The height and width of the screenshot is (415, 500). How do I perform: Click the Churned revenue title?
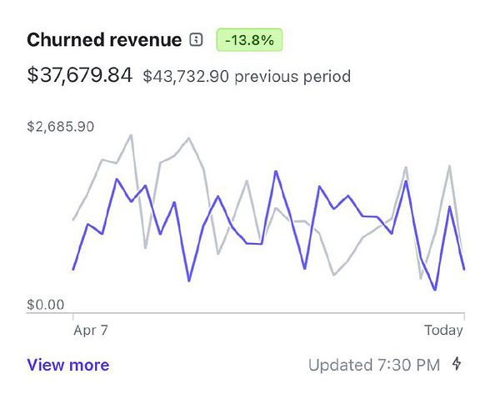[104, 39]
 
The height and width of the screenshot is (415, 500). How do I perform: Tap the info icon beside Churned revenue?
[197, 39]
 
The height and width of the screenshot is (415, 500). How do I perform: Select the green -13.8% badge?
[249, 39]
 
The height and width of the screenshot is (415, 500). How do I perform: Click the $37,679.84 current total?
[79, 75]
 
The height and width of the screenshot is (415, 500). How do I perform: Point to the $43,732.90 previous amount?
[186, 76]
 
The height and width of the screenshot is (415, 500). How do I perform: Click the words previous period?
[292, 76]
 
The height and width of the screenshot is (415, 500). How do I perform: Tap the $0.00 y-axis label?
[45, 305]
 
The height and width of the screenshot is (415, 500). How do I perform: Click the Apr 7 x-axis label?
[91, 330]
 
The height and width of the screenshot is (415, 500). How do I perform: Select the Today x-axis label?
[443, 330]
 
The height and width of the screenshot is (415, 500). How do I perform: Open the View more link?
[67, 365]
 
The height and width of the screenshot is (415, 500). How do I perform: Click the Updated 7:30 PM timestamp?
[374, 365]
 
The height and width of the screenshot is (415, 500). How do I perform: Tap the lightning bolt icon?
[457, 364]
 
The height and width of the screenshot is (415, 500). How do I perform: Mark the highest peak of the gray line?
[131, 134]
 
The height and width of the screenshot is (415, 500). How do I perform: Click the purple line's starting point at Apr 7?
[74, 269]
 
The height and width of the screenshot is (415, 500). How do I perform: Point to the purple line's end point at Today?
[464, 269]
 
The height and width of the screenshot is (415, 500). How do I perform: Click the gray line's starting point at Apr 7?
[74, 220]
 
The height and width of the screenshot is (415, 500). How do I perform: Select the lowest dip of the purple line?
[435, 290]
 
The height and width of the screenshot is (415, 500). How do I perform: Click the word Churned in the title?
[62, 39]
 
